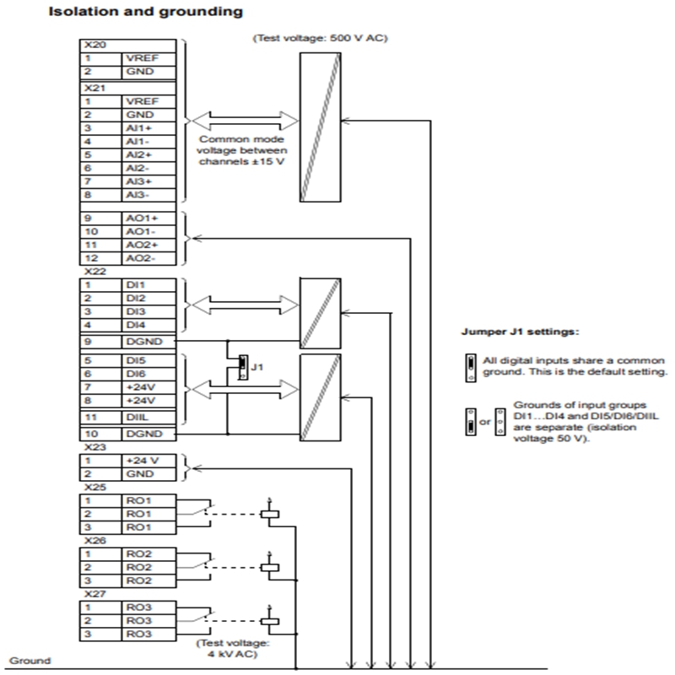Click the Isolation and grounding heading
click(x=145, y=12)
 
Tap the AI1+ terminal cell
click(x=148, y=128)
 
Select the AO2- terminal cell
click(x=148, y=258)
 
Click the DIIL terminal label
click(x=138, y=417)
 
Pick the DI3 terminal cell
click(x=148, y=311)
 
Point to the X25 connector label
click(x=95, y=487)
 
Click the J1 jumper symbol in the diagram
click(x=243, y=367)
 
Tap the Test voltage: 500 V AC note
click(x=320, y=38)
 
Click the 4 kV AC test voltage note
click(x=233, y=649)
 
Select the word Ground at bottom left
click(x=30, y=661)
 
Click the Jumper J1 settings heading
click(x=521, y=332)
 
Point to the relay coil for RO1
click(x=270, y=514)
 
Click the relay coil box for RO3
click(x=270, y=621)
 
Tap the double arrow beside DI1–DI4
click(x=245, y=305)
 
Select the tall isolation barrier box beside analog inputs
click(x=321, y=127)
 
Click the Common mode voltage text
click(x=242, y=150)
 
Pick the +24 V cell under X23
click(x=148, y=461)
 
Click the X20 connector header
click(x=128, y=46)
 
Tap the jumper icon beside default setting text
click(x=471, y=368)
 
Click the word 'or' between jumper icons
click(x=485, y=423)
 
